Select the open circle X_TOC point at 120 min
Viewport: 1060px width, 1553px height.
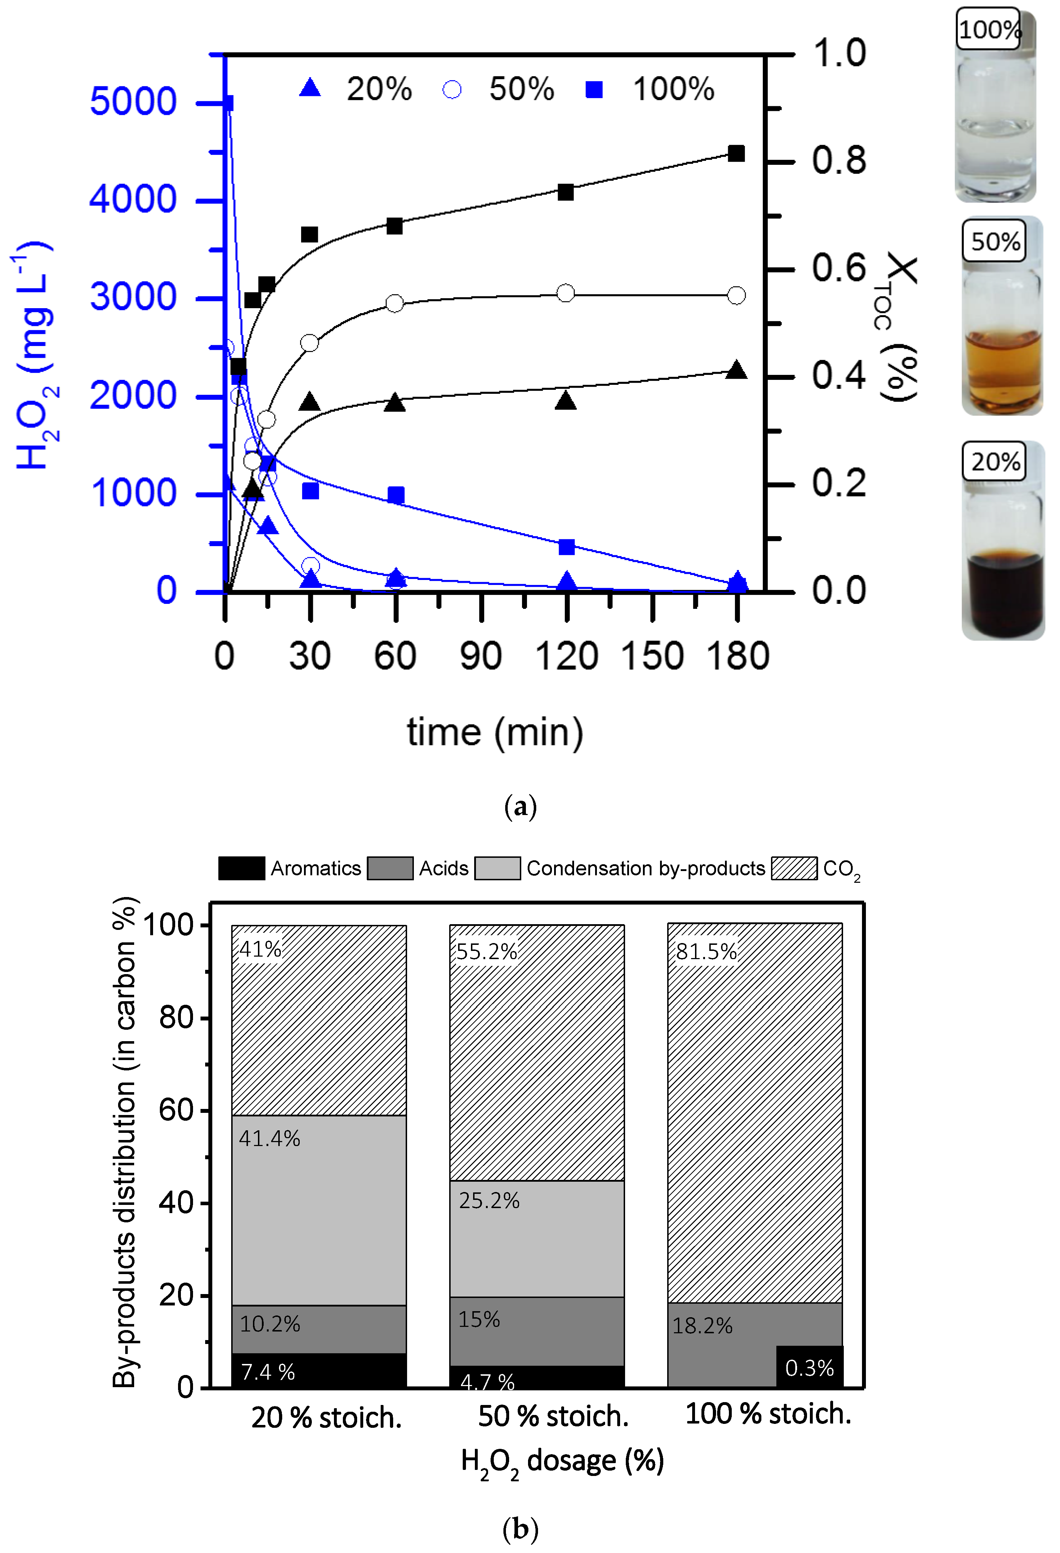[x=565, y=293]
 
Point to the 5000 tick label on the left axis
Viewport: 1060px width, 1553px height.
[x=133, y=102]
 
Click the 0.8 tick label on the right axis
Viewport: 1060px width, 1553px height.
[x=839, y=161]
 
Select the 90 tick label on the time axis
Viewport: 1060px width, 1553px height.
[x=481, y=656]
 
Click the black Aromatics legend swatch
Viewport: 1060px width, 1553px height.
[x=241, y=868]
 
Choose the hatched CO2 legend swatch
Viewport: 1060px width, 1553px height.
[x=794, y=868]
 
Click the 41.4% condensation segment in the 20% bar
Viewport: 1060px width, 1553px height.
[x=319, y=1210]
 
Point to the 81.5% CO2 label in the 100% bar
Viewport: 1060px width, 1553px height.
[x=706, y=952]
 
